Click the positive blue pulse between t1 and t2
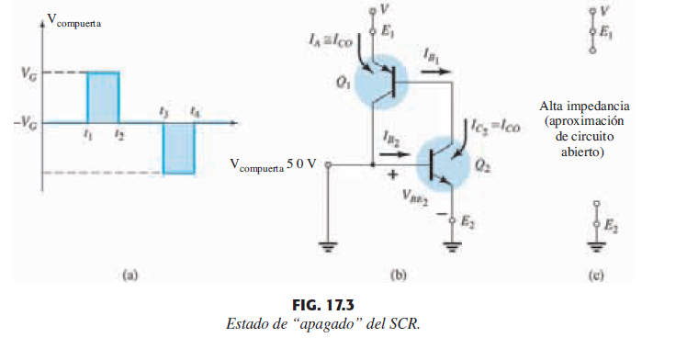click(103, 96)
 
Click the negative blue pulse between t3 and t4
click(178, 147)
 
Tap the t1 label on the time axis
click(87, 133)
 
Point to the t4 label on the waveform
click(194, 112)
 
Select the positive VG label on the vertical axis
click(28, 73)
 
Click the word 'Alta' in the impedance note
click(554, 106)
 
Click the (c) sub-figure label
click(597, 273)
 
